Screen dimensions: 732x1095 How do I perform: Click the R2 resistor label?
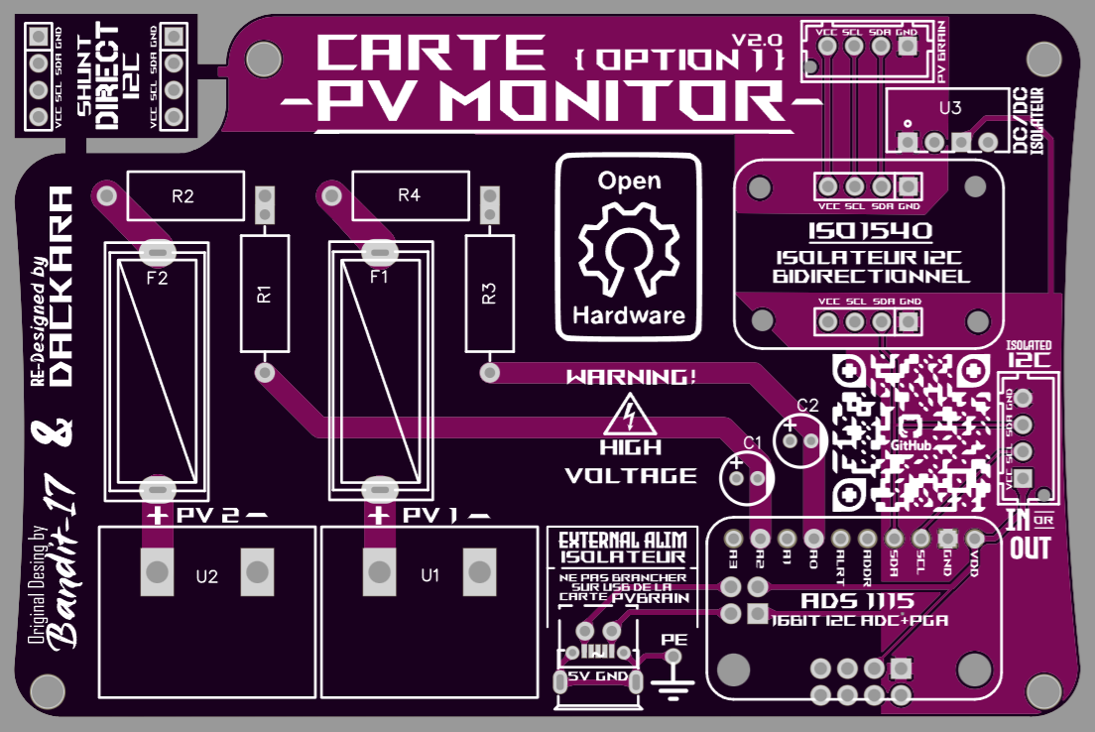[x=182, y=196]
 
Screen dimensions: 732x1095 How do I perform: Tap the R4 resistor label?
[x=409, y=196]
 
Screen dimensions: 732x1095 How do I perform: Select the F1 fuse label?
[x=379, y=279]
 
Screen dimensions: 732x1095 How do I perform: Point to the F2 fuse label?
[x=157, y=279]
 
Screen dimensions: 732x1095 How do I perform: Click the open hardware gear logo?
[x=629, y=248]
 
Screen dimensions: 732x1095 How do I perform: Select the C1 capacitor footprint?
[x=747, y=478]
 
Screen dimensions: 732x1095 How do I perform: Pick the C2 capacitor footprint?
[x=801, y=437]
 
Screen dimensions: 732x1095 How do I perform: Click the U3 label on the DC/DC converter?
[x=949, y=108]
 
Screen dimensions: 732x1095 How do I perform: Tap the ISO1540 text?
[x=869, y=233]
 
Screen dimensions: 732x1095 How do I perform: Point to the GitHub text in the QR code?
[x=911, y=446]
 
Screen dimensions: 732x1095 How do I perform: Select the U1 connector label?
[x=429, y=575]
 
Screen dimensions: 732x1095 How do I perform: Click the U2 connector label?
[x=207, y=575]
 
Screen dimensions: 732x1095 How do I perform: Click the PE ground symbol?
[x=674, y=674]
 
